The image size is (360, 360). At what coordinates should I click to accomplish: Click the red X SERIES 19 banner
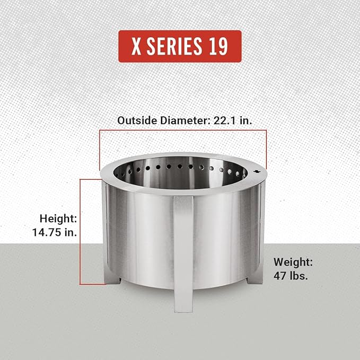180,47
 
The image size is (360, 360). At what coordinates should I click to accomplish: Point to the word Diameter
181,120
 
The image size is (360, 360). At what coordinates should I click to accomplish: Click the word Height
59,218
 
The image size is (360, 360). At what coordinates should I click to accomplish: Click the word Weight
293,262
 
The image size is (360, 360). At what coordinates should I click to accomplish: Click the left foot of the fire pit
112,278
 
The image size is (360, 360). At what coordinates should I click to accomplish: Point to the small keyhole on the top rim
256,172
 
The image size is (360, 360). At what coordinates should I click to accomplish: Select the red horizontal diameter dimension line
183,130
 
